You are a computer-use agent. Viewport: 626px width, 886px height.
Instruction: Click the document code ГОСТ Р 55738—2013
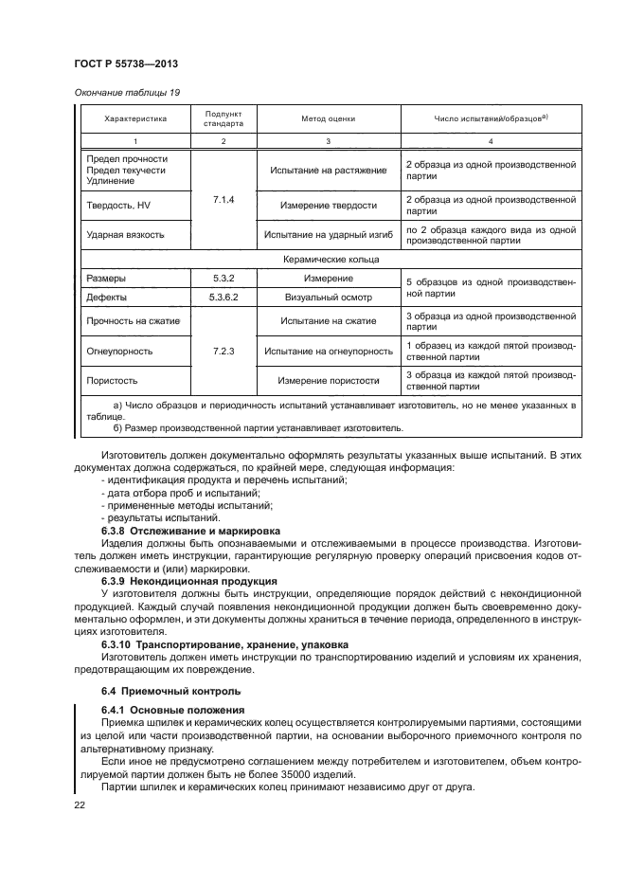(x=126, y=63)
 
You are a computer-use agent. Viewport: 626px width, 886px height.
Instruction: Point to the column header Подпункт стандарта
(x=224, y=118)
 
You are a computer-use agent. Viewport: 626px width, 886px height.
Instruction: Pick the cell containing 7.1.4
(x=224, y=201)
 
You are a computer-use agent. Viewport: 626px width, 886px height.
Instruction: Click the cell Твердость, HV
(x=118, y=205)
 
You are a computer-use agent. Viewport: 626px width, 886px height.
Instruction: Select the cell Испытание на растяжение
(x=328, y=170)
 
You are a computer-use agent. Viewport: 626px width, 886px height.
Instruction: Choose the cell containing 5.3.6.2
(x=224, y=298)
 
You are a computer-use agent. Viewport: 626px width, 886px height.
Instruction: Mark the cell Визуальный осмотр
(x=328, y=298)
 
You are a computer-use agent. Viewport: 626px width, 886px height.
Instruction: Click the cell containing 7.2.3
(x=224, y=351)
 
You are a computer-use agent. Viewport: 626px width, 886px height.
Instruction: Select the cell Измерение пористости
(x=328, y=381)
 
